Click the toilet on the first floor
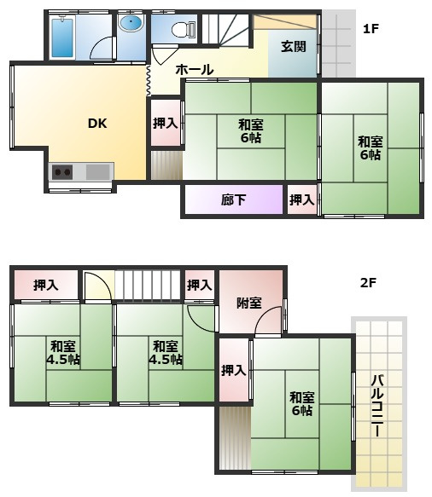tap(184, 30)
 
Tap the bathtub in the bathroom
tap(62, 38)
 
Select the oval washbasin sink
tap(131, 23)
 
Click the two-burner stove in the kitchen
tap(62, 172)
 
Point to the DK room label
tap(97, 124)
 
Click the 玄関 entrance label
tap(294, 47)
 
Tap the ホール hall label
tap(195, 69)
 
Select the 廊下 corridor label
tap(233, 200)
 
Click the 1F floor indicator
tap(371, 29)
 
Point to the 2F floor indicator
tap(368, 282)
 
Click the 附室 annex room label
tap(249, 303)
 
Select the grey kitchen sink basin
tap(98, 172)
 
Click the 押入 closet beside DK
tap(166, 123)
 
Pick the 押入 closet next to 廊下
tap(302, 200)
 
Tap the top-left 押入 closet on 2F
tap(46, 286)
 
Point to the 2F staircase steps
tap(148, 285)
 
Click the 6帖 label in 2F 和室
tap(302, 410)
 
